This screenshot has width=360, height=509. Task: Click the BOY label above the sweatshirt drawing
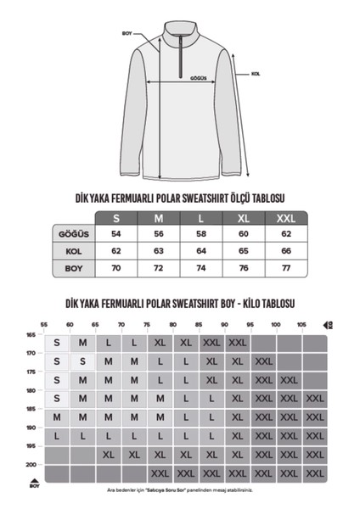coord(127,35)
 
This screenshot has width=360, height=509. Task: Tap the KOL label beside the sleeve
coord(255,74)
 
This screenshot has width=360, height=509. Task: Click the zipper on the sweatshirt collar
coord(180,46)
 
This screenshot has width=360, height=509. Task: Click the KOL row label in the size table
coord(72,251)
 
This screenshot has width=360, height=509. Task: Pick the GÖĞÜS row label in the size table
coord(72,234)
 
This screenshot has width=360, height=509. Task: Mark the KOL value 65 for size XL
coord(243,251)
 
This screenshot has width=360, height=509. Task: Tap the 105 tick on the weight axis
coord(301,325)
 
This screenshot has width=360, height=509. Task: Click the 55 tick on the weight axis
coord(45,325)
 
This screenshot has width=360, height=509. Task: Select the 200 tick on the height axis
coord(31,465)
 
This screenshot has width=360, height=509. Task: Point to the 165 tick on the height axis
coord(31,334)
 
